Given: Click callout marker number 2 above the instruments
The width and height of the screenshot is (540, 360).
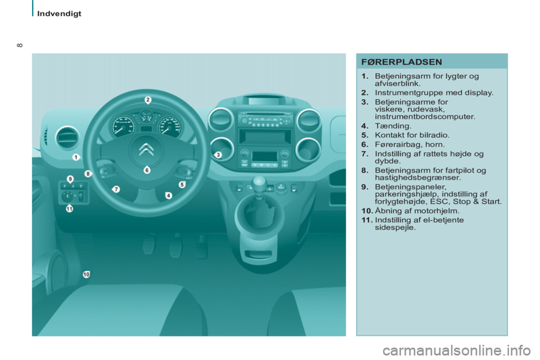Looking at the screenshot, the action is [x=148, y=100].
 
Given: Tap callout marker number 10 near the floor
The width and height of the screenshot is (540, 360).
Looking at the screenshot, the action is [x=86, y=274].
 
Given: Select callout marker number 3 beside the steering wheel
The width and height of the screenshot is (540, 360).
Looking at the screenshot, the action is [x=218, y=155].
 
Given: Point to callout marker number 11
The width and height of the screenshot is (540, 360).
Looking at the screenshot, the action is [x=70, y=209].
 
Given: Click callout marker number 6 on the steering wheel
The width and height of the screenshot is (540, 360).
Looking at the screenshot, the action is [x=147, y=170].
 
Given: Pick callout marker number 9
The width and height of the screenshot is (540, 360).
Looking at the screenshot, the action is [x=70, y=179].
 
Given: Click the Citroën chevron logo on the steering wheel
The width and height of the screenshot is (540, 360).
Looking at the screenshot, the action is [x=146, y=149].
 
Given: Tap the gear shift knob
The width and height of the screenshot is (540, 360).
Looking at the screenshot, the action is [x=259, y=183].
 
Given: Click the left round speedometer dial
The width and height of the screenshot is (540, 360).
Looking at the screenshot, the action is [x=122, y=126].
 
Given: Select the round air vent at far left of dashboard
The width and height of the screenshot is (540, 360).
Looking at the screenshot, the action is [x=67, y=137].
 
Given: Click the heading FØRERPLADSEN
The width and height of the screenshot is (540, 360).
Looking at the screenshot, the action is [x=402, y=62].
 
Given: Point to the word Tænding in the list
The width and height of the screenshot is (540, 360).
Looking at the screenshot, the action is [x=393, y=126].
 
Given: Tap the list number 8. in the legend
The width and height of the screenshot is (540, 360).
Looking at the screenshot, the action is [x=365, y=170].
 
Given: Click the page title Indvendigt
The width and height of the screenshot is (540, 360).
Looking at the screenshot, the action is [x=59, y=13].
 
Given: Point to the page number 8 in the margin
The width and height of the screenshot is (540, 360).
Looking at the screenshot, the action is [x=20, y=45].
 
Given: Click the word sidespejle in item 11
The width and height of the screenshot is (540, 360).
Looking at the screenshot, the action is [x=395, y=227].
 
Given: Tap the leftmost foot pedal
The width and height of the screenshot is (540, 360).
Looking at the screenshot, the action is [x=148, y=244].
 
